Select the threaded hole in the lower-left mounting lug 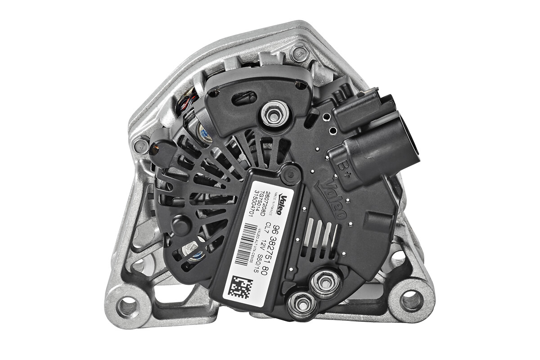pos(125,307)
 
